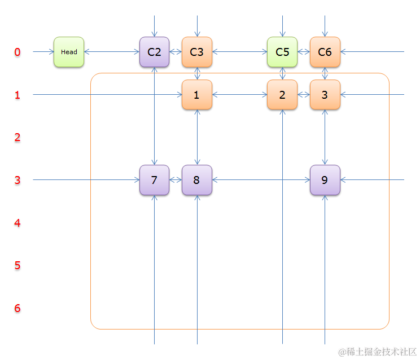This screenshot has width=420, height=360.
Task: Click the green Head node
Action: coord(69,52)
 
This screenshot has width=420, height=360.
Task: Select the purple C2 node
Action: coord(154,52)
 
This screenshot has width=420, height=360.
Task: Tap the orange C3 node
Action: coord(196,52)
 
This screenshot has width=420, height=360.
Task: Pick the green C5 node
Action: coord(282,52)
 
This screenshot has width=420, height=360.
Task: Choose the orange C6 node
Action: coord(325,52)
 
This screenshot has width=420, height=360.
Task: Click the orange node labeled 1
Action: coord(196,95)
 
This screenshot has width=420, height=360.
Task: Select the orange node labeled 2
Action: coord(282,95)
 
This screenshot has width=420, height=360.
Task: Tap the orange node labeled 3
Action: coord(325,95)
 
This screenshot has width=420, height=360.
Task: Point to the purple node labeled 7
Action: coord(154,180)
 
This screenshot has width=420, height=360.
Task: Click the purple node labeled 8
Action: coord(196,180)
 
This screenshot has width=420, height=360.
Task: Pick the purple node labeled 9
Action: coord(325,180)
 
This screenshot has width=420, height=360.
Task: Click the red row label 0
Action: coord(17,52)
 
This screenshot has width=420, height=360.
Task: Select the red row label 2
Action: coord(17,138)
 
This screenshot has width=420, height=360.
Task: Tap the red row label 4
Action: coord(17,223)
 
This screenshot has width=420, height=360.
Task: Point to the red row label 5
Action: coord(17,265)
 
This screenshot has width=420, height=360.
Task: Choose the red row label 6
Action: coord(17,308)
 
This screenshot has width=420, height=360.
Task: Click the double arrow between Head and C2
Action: coord(112,52)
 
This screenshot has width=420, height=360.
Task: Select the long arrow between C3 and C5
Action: coord(239,52)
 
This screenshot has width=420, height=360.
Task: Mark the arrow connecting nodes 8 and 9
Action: coord(261,180)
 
